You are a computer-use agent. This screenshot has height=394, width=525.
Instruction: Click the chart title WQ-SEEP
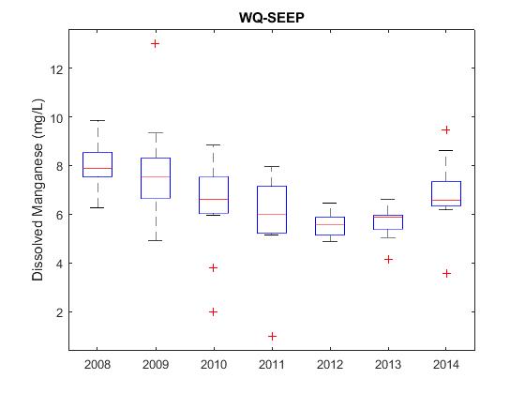point(272,17)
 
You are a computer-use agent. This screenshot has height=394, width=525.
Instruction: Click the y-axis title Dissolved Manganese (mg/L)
point(37,189)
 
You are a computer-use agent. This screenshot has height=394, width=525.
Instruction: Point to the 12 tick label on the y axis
point(56,69)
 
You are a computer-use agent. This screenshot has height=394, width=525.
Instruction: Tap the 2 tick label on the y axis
point(60,313)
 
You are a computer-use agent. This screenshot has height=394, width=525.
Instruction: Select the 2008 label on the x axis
point(97,365)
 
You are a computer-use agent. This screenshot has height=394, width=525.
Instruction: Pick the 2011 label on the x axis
point(272,365)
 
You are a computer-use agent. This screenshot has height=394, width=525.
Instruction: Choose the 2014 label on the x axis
point(446,365)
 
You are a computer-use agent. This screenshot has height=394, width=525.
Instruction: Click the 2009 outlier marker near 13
point(155,43)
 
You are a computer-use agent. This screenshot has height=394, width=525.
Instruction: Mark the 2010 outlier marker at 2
point(214,311)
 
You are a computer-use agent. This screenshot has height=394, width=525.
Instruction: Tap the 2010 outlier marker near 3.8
point(214,267)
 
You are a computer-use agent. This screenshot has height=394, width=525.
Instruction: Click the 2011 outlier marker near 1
point(272,336)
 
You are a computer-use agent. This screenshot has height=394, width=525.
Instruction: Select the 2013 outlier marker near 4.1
point(388,259)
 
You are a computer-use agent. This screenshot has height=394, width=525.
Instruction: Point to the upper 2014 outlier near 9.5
point(446,130)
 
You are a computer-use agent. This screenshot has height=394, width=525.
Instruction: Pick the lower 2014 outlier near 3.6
point(446,274)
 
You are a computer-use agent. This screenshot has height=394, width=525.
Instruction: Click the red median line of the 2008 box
point(97,168)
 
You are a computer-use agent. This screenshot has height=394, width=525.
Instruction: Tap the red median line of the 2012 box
point(330,224)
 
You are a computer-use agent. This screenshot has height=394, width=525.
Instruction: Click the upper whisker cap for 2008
point(97,120)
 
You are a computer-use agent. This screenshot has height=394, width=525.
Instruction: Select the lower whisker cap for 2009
point(156,240)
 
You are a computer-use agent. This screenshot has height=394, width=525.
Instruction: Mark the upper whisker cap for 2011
point(272,166)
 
